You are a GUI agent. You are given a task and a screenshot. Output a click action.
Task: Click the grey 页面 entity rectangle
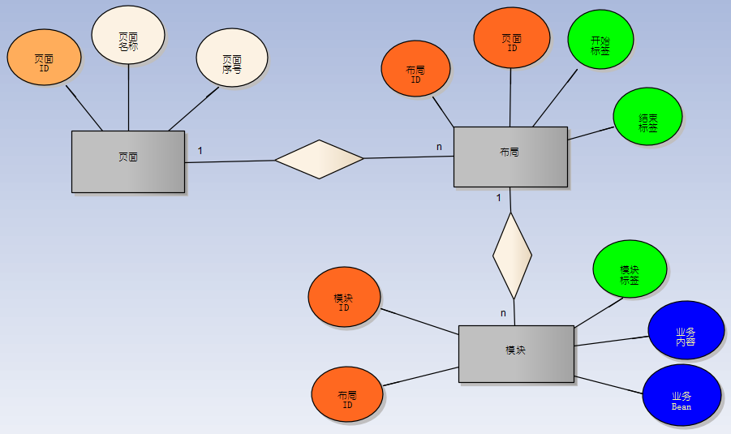click(128, 161)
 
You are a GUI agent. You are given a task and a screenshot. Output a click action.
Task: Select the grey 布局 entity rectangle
click(510, 157)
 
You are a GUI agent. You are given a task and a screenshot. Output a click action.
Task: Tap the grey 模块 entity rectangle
click(516, 354)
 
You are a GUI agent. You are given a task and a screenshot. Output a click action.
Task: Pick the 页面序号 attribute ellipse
click(232, 58)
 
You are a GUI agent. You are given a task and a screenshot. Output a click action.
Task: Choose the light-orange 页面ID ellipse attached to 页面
click(44, 63)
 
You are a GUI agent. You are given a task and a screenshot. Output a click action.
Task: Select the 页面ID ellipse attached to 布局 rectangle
click(512, 38)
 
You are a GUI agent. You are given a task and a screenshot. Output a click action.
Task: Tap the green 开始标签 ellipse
click(600, 41)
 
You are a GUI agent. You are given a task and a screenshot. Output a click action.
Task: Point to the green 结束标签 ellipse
click(647, 118)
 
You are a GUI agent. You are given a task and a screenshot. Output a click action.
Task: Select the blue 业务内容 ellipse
click(686, 330)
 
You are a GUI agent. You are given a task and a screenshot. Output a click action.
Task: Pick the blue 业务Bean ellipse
click(682, 395)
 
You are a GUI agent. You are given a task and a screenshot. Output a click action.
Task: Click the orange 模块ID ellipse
click(344, 297)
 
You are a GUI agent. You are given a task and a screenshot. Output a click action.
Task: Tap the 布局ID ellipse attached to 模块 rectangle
click(347, 394)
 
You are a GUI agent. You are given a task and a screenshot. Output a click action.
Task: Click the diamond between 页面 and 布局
click(320, 159)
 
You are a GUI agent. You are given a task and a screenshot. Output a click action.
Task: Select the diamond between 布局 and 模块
click(512, 256)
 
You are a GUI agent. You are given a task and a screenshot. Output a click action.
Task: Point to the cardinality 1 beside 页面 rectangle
click(200, 150)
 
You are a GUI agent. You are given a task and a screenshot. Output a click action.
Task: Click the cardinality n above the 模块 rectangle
click(503, 313)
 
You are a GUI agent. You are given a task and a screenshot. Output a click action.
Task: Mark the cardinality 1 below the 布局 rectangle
click(498, 197)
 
